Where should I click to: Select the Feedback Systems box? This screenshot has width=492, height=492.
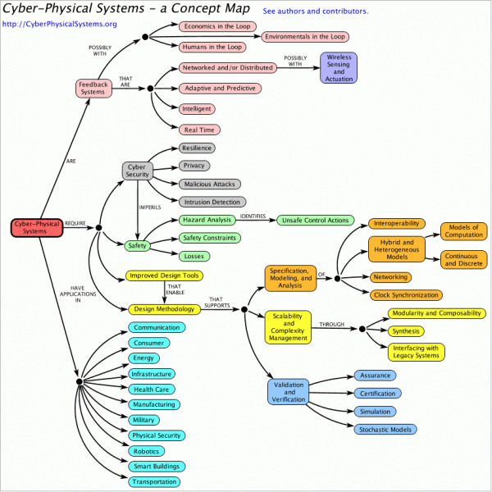93,88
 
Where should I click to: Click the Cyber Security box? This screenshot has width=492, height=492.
137,170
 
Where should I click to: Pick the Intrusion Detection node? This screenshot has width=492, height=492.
212,202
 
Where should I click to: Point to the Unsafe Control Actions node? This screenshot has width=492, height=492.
315,221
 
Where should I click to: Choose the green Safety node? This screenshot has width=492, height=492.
137,244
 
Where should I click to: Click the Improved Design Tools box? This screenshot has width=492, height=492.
163,276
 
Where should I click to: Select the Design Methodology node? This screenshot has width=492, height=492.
163,309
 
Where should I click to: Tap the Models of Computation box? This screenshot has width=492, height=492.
464,232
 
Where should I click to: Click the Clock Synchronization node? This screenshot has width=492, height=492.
405,294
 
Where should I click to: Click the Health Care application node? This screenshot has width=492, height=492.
153,389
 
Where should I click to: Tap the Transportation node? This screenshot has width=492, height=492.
153,482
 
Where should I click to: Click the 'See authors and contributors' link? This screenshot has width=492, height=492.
316,11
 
